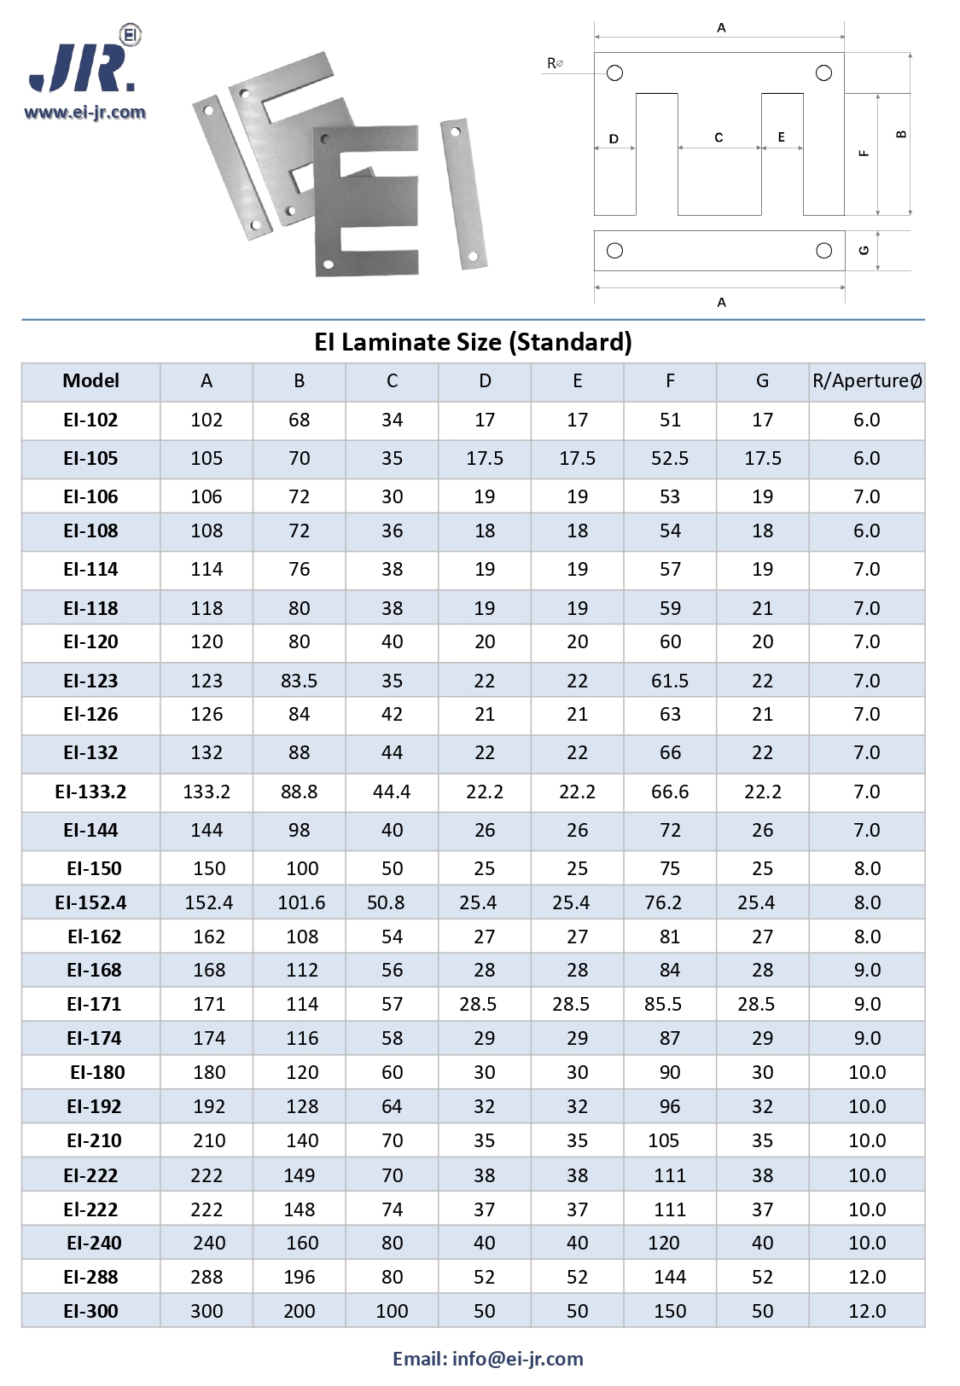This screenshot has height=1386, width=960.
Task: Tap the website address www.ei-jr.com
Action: pos(84,112)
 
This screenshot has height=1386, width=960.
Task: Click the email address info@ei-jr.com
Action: pos(517,1358)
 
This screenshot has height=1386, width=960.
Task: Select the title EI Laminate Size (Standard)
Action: pos(473,342)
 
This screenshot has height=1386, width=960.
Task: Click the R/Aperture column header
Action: pos(866,381)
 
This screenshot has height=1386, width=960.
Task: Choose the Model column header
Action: pos(90,381)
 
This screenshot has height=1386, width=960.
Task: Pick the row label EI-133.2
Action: pos(90,792)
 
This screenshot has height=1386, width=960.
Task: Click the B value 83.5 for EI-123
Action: pos(299,681)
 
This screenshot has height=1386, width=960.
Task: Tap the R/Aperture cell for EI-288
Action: pos(866,1277)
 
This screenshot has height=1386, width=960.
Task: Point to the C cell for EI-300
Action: pos(392,1311)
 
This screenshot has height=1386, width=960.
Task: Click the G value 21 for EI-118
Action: pos(762,608)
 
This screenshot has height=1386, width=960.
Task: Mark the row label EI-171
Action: pos(94,1004)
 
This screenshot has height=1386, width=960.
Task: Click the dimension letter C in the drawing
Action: pos(719,137)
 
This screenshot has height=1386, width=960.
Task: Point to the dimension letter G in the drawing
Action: pos(864,251)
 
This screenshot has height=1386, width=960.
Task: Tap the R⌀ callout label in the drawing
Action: pos(555,63)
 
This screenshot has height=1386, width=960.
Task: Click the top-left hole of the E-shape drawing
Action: pos(614,73)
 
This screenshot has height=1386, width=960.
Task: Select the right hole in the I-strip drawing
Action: pos(823,251)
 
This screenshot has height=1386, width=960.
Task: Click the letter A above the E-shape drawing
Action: pos(721,28)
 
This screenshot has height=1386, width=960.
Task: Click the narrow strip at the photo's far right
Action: pos(463,194)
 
